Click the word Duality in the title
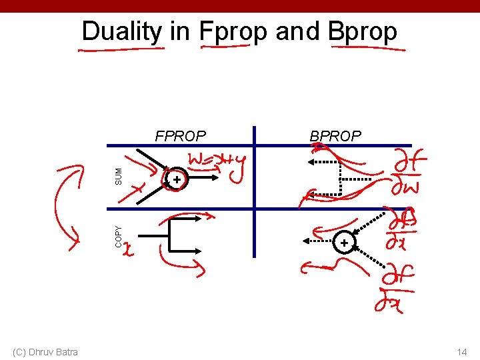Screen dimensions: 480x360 coord(121,31)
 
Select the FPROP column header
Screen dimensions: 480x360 coord(180,137)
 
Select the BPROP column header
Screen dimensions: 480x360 coord(335,137)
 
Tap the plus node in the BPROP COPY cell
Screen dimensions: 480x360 coord(344,243)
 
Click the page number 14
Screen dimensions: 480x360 coord(461,352)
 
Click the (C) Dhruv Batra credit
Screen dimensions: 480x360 coord(45,352)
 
